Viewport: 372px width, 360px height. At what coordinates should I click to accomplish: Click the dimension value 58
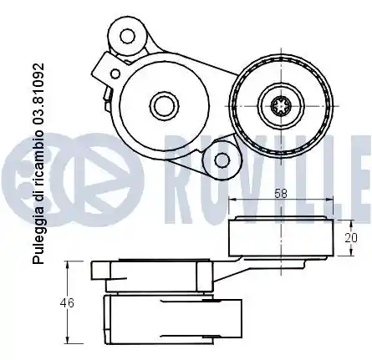tap(281, 193)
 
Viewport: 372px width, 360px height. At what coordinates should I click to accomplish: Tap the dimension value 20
tap(351, 238)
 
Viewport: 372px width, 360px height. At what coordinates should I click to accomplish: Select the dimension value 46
tap(67, 302)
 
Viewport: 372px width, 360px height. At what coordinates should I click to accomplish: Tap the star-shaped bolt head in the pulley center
tap(281, 105)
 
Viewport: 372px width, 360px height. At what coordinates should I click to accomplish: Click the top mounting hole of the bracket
tap(127, 35)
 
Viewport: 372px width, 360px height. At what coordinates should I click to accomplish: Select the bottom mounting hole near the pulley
tap(222, 160)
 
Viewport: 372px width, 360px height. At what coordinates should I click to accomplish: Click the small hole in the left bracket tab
tap(115, 74)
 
